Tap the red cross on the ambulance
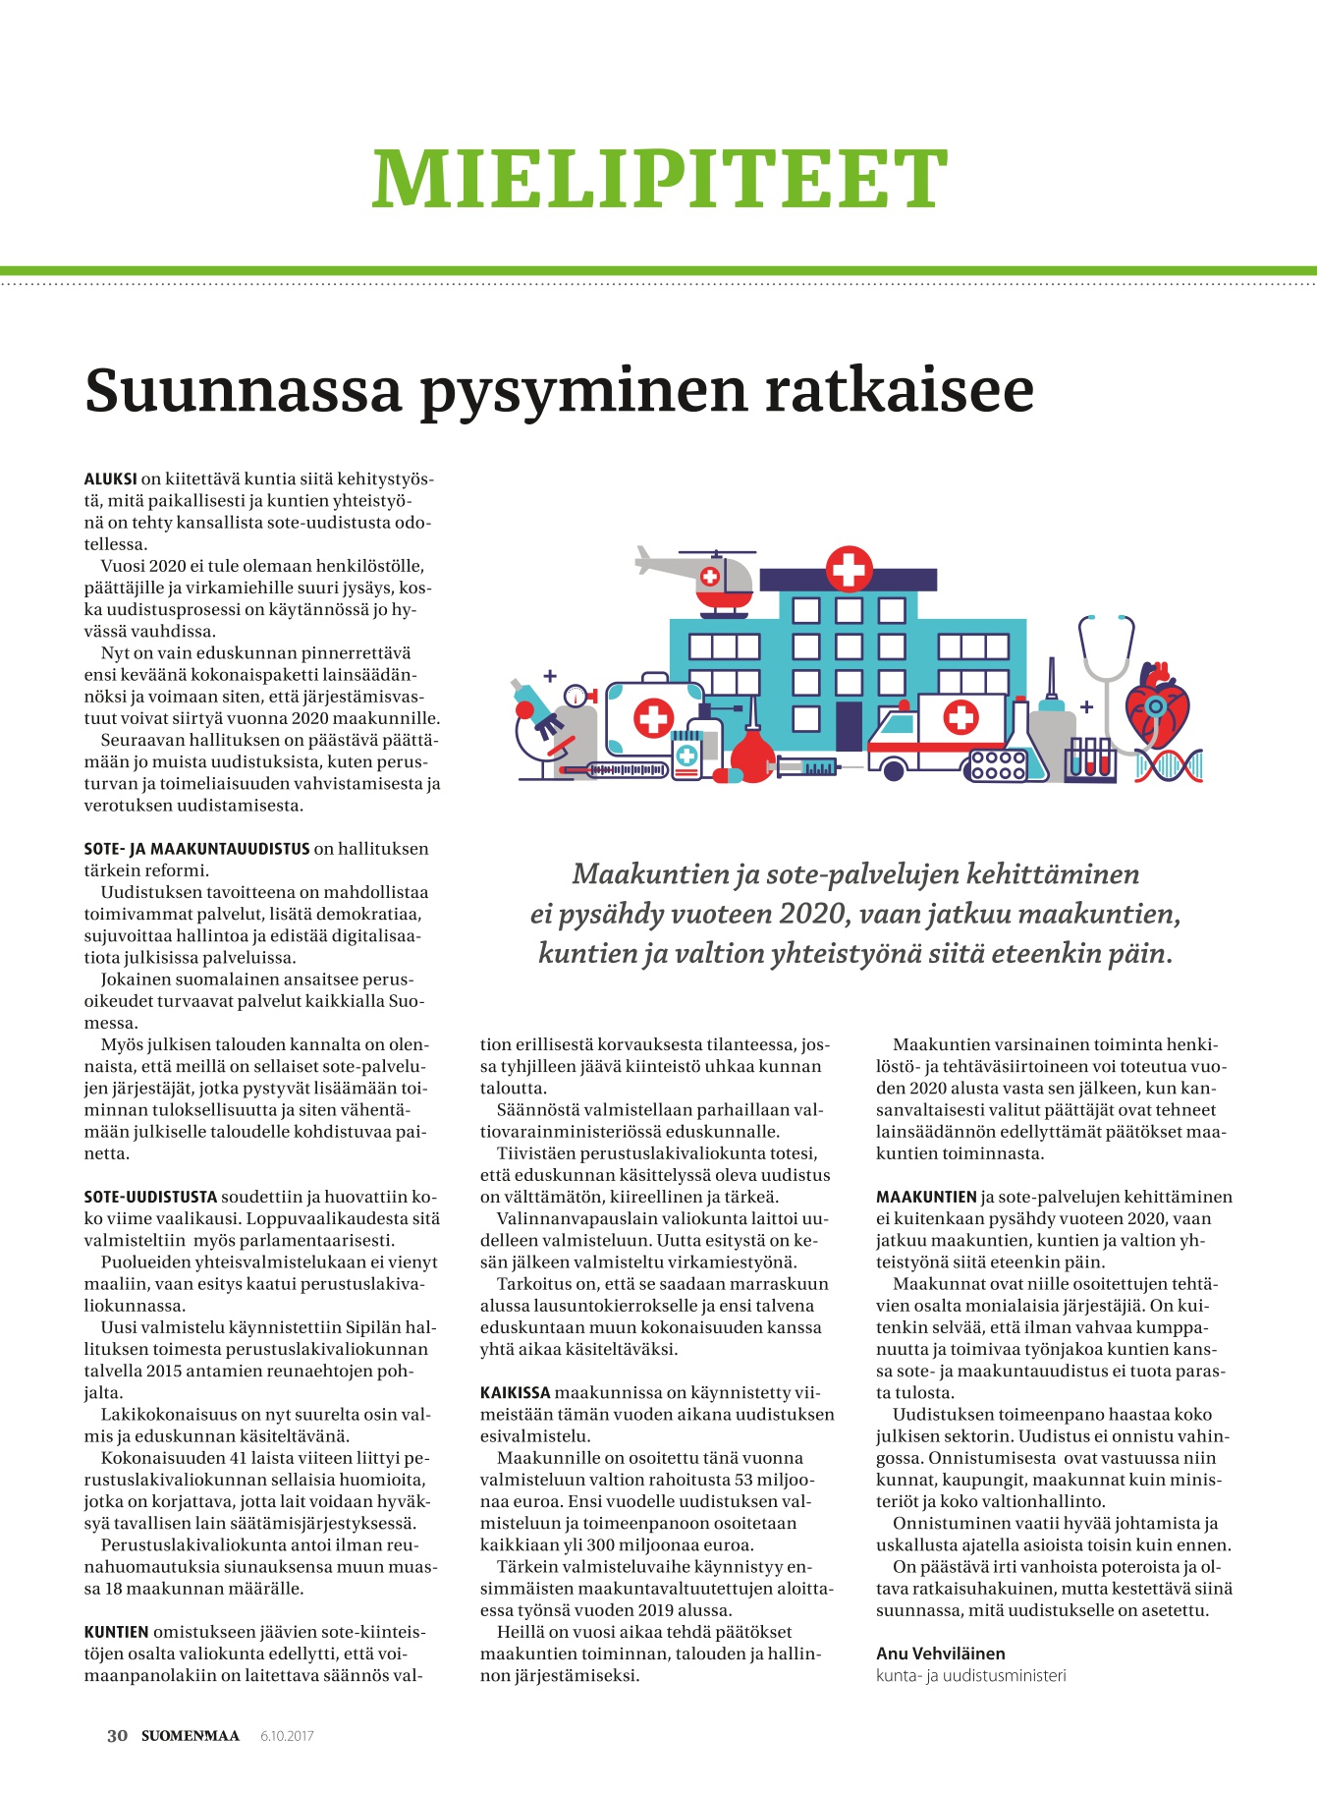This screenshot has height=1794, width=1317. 960,717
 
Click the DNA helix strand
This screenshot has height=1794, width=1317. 1168,765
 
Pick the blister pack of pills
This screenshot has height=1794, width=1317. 998,765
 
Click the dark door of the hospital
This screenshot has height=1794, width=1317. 849,725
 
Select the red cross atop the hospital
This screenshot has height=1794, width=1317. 849,568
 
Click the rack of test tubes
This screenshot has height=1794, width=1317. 1090,758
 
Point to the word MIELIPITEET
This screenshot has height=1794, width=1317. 659,179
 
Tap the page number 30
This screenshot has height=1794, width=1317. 117,1735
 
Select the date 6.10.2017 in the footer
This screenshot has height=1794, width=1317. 287,1736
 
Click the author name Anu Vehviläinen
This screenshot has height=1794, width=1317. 940,1654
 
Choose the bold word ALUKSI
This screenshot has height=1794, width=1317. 110,479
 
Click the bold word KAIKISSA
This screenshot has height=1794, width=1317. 515,1393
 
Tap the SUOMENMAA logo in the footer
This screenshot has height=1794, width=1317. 191,1735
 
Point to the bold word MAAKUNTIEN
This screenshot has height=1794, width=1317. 926,1197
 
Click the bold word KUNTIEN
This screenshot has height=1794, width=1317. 116,1632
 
